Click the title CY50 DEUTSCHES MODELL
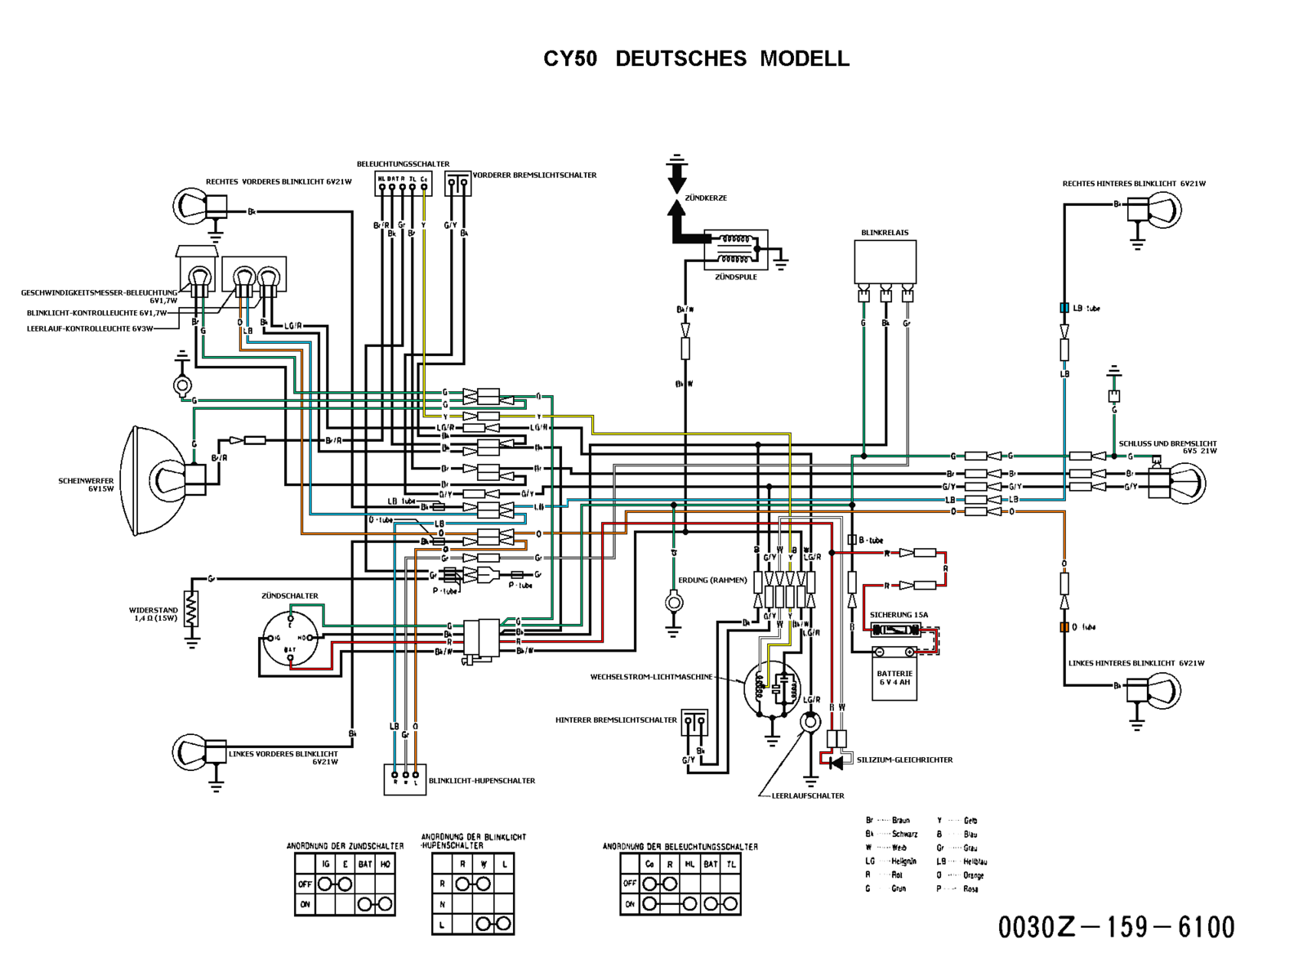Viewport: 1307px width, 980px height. (x=696, y=59)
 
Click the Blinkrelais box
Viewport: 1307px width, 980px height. (x=885, y=261)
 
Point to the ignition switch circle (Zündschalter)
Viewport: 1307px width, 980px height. (x=290, y=638)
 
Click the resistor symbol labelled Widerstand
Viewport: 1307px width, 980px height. (x=192, y=610)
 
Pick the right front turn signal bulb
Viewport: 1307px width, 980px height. (x=191, y=204)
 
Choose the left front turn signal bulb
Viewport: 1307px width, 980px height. (x=191, y=751)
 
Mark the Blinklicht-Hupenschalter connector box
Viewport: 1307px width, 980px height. (x=405, y=779)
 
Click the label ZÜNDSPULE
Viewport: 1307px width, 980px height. (x=735, y=277)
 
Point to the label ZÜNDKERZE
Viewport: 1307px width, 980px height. (x=706, y=198)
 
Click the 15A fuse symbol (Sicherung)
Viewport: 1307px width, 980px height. (x=897, y=630)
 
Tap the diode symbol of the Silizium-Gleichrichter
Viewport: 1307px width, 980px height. (x=836, y=763)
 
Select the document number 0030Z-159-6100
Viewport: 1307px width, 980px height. (x=1116, y=927)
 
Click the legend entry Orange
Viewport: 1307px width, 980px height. (x=973, y=875)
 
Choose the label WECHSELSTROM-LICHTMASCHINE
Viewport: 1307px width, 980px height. (x=651, y=677)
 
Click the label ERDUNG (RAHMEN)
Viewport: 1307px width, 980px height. (x=711, y=580)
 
